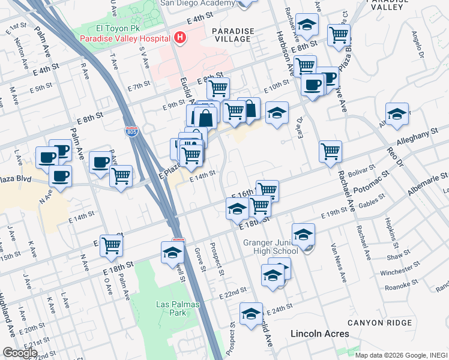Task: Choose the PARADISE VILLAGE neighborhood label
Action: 232,34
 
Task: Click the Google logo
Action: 20,353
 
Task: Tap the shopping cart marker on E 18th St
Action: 112,245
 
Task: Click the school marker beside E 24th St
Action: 251,313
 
